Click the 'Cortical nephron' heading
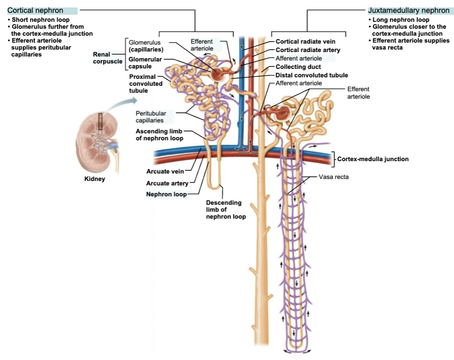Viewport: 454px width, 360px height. coord(35,10)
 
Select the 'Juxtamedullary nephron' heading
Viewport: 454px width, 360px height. coord(408,10)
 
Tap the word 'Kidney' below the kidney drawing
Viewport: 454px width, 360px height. coord(94,179)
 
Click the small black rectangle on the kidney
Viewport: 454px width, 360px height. coord(101,121)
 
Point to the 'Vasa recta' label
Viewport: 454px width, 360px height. coord(334,177)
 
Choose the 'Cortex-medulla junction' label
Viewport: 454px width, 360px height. coord(373,159)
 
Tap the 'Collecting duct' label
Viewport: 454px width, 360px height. coord(298,66)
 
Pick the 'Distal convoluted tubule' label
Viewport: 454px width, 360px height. coord(312,75)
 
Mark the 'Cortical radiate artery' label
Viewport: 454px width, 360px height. coord(308,50)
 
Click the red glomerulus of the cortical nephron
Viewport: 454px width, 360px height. coord(218,74)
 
